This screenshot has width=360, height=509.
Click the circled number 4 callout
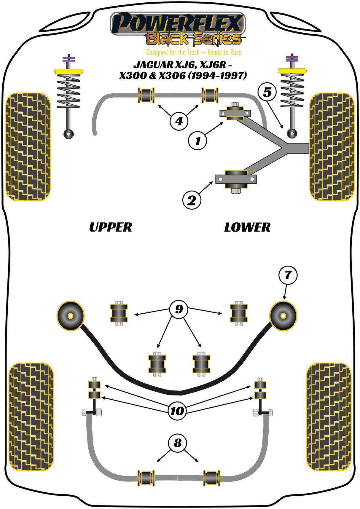point(179,121)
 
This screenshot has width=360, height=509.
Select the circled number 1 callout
point(197,141)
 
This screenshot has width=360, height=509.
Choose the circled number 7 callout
point(288,275)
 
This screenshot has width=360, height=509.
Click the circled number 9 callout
point(179,309)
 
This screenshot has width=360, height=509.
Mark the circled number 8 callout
point(177,443)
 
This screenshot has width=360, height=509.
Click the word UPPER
point(110,227)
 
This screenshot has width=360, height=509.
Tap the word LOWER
point(247,227)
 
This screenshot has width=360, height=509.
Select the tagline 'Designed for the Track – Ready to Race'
point(194,52)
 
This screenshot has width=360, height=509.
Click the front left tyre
point(28,147)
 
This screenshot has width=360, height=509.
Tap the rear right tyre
point(329,417)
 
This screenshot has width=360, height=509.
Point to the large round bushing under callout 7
point(283,316)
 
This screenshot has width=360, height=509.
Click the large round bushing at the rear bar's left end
point(70,316)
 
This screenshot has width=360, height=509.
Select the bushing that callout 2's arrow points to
point(236,179)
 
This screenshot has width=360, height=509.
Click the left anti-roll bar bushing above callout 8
point(146,478)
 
